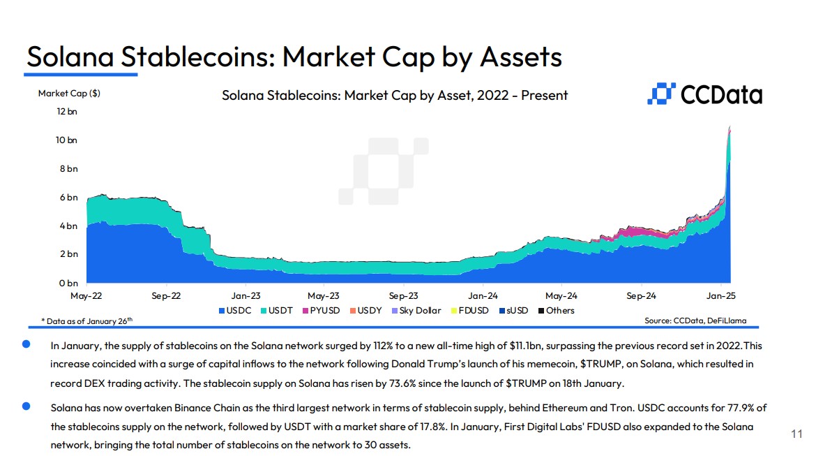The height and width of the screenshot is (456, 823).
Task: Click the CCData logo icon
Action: [661, 94]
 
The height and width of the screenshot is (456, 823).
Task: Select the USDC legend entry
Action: [234, 310]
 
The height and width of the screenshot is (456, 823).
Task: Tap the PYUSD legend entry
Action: [320, 310]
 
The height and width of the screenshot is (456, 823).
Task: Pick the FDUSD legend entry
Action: [469, 310]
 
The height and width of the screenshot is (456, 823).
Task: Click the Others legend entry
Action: [556, 310]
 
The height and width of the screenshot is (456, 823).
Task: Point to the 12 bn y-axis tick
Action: [68, 112]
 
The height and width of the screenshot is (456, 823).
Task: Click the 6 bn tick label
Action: [68, 198]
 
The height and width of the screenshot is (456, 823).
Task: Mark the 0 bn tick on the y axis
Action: [68, 283]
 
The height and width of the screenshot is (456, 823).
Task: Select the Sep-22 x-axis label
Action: [166, 295]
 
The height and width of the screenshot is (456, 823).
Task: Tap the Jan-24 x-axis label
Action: [483, 295]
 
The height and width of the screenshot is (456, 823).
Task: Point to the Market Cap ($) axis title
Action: [69, 93]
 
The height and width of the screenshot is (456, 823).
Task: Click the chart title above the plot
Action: [395, 95]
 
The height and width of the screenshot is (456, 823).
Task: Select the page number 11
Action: [796, 434]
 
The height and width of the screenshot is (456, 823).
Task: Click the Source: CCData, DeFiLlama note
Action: [695, 321]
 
